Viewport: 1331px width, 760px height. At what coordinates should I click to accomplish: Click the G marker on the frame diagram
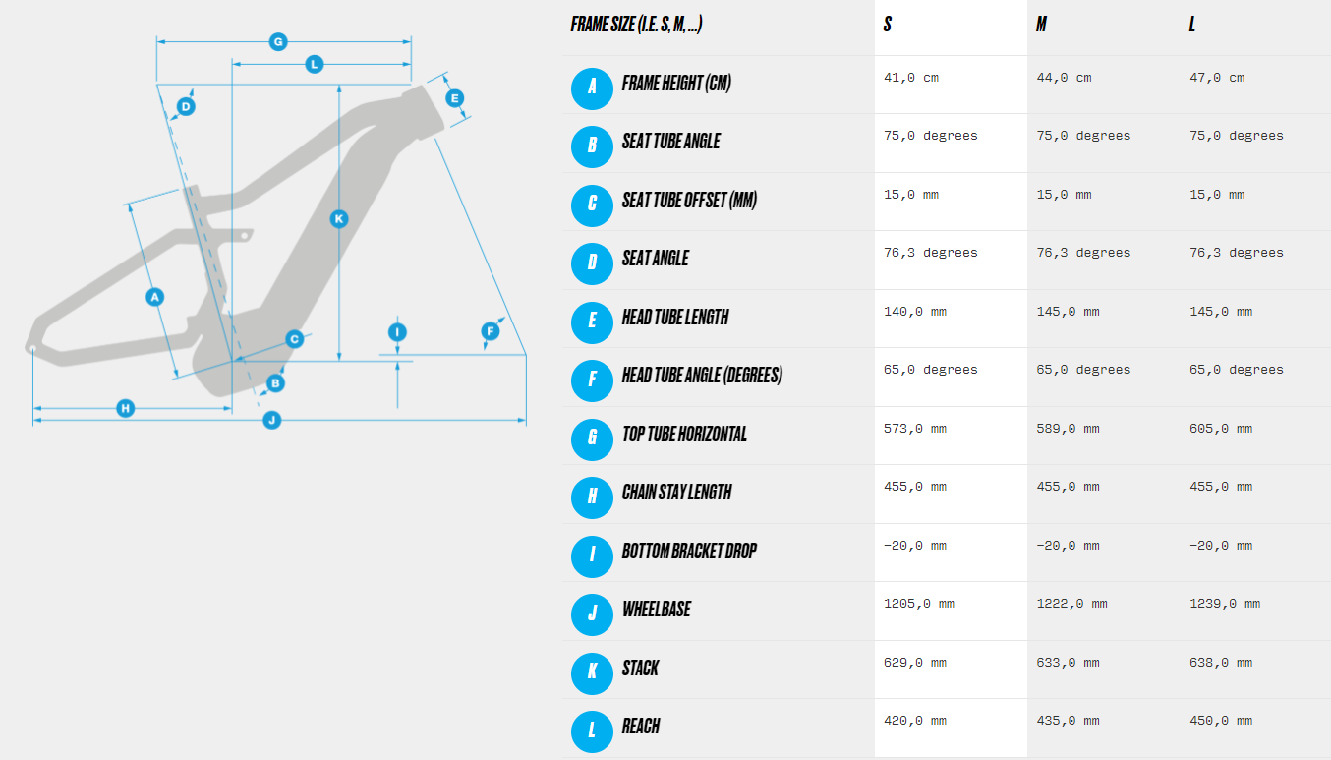pos(278,42)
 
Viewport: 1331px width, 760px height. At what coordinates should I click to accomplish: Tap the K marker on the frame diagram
pos(339,219)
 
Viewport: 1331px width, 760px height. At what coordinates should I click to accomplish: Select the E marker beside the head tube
pos(454,98)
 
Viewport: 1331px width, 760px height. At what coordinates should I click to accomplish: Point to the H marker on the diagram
pos(125,408)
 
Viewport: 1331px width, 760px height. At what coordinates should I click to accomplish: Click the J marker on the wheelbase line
pos(272,420)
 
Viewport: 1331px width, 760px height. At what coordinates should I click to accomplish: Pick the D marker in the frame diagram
pos(186,107)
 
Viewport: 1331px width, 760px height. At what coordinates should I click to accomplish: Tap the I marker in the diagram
pos(397,332)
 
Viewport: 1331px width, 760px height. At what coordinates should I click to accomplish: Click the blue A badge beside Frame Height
pos(592,88)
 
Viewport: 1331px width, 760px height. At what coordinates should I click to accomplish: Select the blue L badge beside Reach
pos(592,731)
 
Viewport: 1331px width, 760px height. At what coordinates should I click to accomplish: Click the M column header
pos(1041,25)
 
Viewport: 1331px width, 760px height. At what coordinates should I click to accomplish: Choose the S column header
pos(887,25)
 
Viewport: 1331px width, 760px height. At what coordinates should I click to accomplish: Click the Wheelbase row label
pos(657,609)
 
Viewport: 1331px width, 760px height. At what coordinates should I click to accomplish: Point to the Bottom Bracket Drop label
pos(689,551)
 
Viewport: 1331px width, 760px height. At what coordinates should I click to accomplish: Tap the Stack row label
pos(640,668)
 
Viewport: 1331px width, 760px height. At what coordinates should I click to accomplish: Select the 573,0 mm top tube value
pos(914,429)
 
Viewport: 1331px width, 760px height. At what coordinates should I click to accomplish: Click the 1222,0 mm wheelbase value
pos(1071,605)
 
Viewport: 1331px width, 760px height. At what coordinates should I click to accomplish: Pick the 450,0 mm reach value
pos(1221,722)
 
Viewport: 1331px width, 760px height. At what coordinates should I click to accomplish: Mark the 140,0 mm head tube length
pos(914,312)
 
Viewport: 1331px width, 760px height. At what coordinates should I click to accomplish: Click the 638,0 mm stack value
pos(1221,663)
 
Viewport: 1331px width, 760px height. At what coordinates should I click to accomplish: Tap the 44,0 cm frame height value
pos(1064,78)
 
